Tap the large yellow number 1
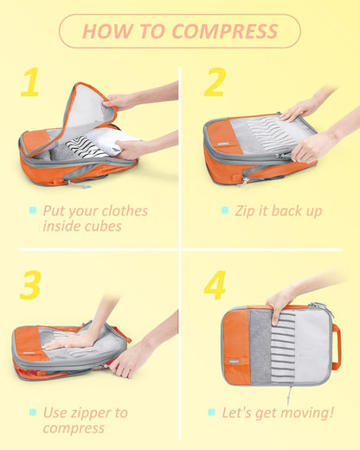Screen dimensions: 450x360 [x=30, y=83]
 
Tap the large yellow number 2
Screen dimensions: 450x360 [x=214, y=82]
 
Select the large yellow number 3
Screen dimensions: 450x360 [x=30, y=285]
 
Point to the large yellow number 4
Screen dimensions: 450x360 [x=214, y=285]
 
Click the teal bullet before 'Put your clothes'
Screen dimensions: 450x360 [x=33, y=210]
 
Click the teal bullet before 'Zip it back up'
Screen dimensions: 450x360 [x=224, y=210]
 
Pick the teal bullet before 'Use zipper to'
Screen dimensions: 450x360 [x=33, y=412]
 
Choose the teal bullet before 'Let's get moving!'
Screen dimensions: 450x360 [x=211, y=412]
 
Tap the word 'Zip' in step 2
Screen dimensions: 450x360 [x=245, y=210]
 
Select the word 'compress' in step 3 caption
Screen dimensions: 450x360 [x=74, y=427]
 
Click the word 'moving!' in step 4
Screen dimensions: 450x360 [x=304, y=412]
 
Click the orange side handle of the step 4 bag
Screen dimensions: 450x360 [x=336, y=346]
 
